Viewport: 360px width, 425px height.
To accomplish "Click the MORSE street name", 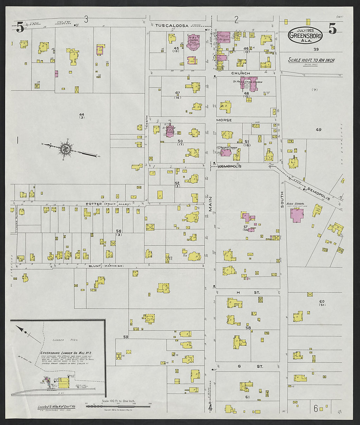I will [224, 120].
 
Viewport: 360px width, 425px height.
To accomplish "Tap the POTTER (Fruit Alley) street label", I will [108, 204].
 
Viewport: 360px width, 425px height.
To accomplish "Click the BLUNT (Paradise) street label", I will [106, 266].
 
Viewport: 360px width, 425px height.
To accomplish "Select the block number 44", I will [81, 114].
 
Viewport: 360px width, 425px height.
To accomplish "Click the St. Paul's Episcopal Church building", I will [249, 85].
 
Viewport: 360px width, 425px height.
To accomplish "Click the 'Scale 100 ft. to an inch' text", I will [311, 60].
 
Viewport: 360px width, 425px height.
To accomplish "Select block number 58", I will [248, 327].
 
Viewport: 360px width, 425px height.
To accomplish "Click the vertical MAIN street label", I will [210, 205].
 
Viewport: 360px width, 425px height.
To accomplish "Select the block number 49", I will [318, 130].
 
